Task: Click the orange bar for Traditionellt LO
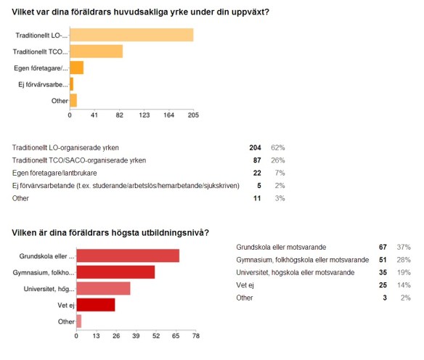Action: click(x=131, y=35)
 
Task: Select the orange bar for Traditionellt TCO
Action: click(x=96, y=52)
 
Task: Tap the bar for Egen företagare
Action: click(x=76, y=67)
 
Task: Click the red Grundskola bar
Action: click(x=128, y=255)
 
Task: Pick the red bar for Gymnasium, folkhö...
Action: click(x=115, y=272)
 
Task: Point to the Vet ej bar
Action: click(x=96, y=305)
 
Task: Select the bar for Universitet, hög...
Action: click(x=103, y=288)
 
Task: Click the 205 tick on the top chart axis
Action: click(x=193, y=115)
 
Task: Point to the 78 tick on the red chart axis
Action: click(x=195, y=336)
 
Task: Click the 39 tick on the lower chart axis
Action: click(x=136, y=336)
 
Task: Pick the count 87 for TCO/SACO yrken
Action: click(x=257, y=159)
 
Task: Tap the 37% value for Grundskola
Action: click(x=407, y=247)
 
